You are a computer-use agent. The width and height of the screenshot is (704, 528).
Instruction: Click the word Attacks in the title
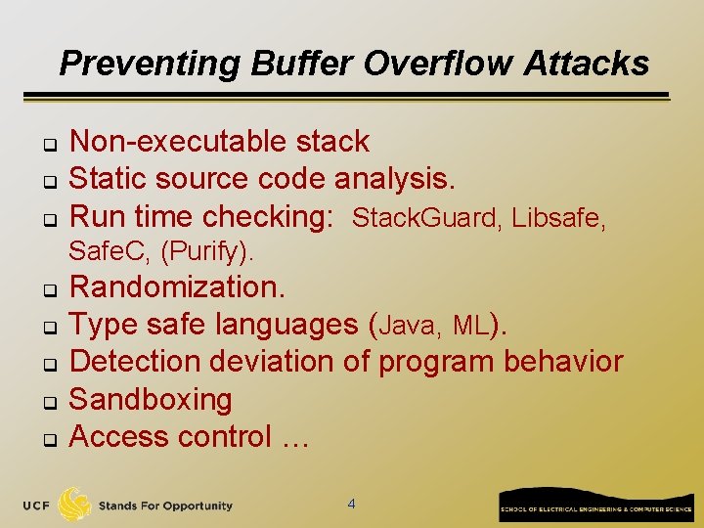587,64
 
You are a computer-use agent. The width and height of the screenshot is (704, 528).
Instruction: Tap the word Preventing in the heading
151,64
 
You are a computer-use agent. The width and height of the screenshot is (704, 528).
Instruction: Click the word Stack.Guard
424,218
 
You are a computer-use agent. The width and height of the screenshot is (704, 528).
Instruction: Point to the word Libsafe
558,218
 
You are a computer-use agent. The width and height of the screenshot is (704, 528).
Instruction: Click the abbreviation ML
471,326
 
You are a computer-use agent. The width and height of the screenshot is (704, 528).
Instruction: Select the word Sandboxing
151,400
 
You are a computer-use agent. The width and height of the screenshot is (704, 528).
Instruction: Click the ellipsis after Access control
294,437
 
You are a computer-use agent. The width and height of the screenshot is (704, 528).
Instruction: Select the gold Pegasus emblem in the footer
75,504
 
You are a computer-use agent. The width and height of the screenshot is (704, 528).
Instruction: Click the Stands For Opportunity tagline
165,506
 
